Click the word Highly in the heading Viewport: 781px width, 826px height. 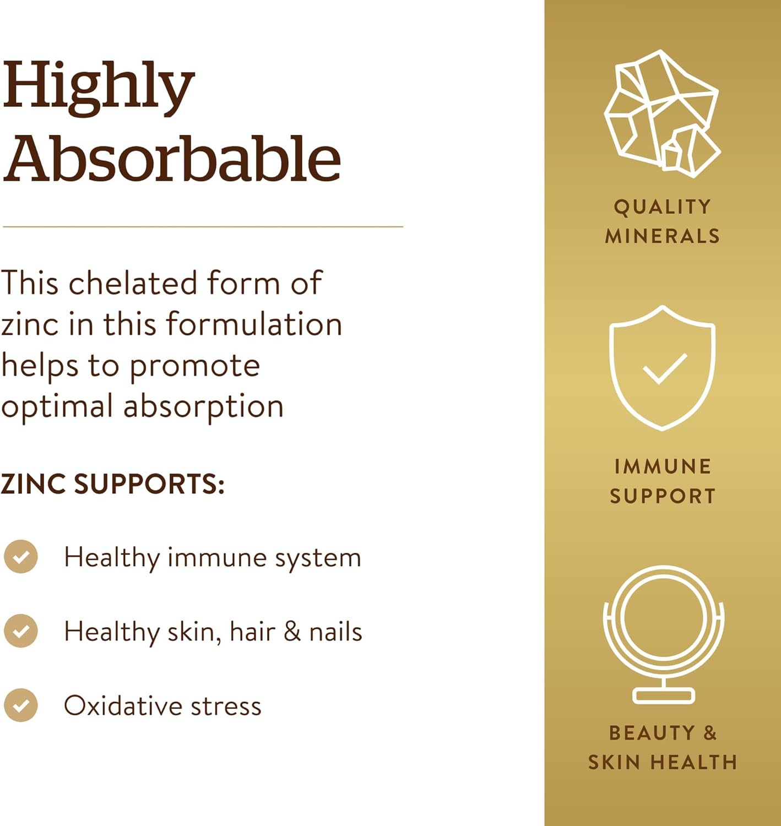point(99,88)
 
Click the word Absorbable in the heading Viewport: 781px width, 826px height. point(171,159)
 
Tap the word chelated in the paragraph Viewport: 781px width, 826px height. point(133,282)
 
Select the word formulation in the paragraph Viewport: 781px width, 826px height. point(254,324)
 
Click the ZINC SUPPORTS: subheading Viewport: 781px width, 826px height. point(113,484)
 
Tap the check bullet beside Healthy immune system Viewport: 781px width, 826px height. point(20,557)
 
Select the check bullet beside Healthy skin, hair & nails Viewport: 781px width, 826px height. point(20,631)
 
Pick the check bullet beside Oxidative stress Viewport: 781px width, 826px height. point(20,705)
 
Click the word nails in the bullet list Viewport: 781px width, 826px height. point(335,632)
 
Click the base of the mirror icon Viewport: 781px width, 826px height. point(663,695)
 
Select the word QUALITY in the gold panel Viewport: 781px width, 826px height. point(663,207)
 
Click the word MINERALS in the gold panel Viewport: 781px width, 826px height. point(663,236)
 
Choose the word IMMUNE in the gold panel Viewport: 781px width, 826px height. point(663,466)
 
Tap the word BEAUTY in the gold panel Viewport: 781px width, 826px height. point(652,733)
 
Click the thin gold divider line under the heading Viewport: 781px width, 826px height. point(203,226)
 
